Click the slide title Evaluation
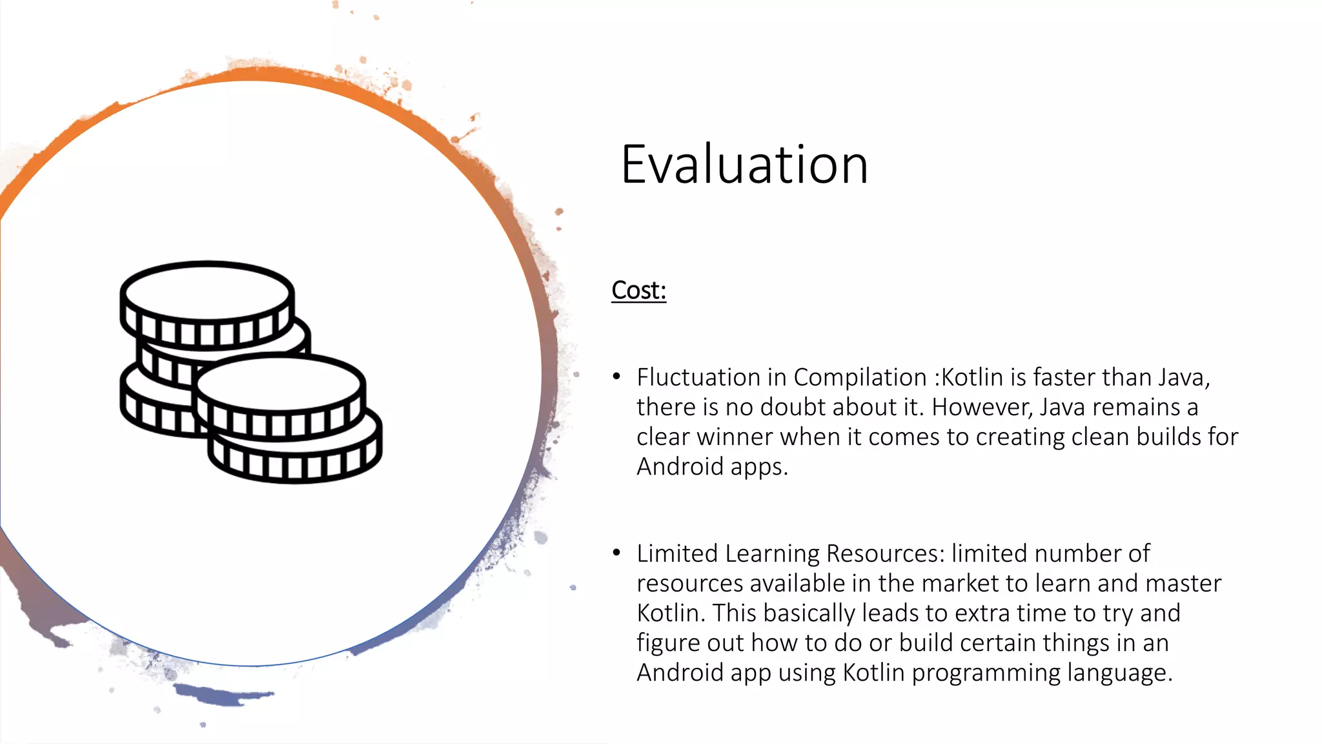pos(744,165)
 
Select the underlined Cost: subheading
pos(638,291)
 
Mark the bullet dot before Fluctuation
pos(617,376)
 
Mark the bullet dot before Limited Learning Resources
pos(617,552)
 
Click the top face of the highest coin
pos(207,291)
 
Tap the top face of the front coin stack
pos(280,382)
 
